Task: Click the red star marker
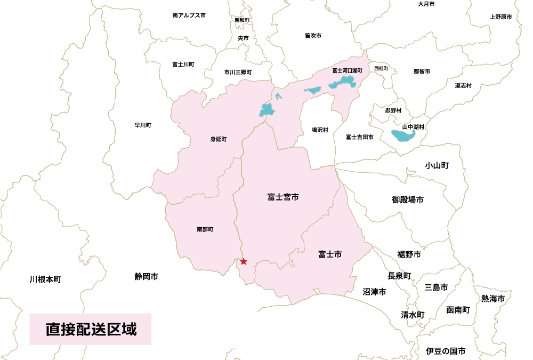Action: click(x=244, y=261)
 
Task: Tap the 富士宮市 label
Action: click(x=283, y=197)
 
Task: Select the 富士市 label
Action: click(x=329, y=254)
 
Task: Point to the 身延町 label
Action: click(x=219, y=140)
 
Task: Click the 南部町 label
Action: click(x=205, y=229)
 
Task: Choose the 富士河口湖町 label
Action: click(x=347, y=70)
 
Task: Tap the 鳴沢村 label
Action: click(x=320, y=130)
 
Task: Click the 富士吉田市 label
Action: click(x=359, y=137)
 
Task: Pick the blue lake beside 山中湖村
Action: click(x=406, y=135)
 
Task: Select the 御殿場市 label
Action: click(x=408, y=200)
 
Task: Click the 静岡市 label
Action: click(x=146, y=277)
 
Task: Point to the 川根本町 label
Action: click(x=46, y=279)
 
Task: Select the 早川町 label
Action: click(x=143, y=126)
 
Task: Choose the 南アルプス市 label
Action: click(x=189, y=16)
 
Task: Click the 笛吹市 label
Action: click(x=313, y=36)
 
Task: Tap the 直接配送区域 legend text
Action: click(x=91, y=329)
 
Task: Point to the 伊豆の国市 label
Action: click(x=446, y=351)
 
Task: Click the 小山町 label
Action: click(x=437, y=165)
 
